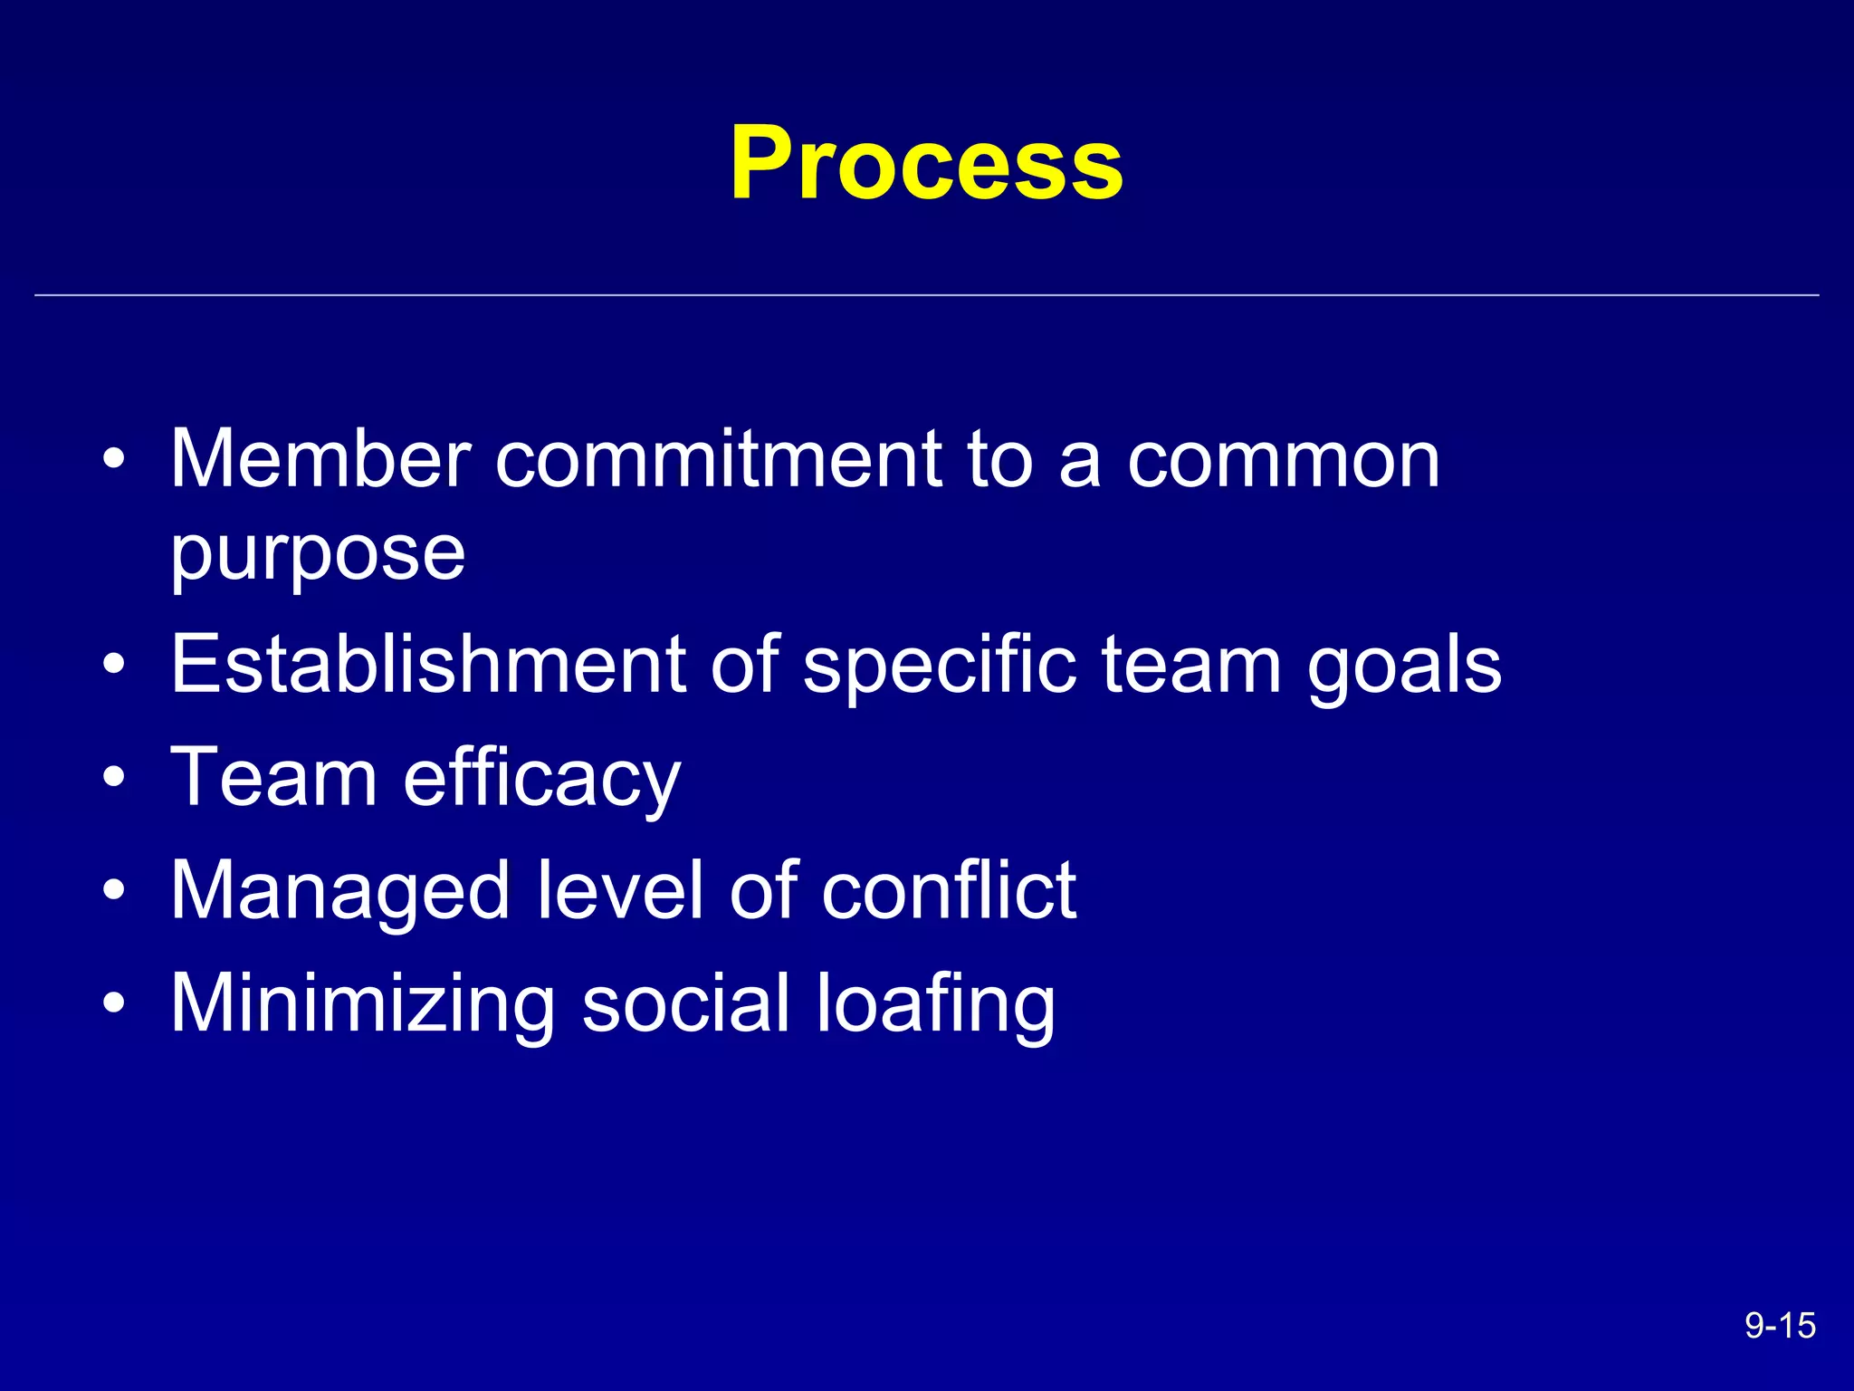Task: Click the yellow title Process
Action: pos(926,163)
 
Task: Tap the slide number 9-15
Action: pos(1780,1326)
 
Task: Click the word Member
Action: pos(320,459)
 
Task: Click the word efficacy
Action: pos(541,779)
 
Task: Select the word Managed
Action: pos(340,893)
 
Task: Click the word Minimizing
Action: pos(363,1005)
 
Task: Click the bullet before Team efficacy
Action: pos(114,777)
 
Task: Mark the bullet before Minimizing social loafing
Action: pos(114,1003)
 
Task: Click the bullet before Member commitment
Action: pos(114,459)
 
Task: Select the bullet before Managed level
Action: pos(114,890)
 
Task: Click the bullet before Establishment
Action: pos(114,664)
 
